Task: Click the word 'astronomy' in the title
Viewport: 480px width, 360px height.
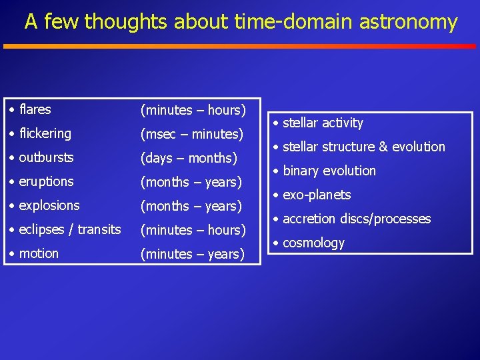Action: [408, 22]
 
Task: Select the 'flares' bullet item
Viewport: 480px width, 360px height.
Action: [35, 109]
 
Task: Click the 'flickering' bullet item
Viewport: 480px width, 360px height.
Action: [45, 133]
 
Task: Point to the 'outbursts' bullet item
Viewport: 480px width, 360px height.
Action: [46, 158]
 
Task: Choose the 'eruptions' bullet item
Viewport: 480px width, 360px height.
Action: [46, 181]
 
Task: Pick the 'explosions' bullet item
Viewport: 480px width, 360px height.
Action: [49, 205]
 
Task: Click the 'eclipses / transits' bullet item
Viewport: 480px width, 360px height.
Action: [70, 229]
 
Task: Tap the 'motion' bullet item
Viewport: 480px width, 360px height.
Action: [39, 253]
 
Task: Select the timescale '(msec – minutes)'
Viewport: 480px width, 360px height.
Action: [191, 134]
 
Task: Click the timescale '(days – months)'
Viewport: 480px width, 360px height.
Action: [189, 158]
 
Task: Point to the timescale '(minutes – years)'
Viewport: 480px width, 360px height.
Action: [192, 254]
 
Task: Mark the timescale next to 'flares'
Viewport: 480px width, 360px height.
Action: [193, 110]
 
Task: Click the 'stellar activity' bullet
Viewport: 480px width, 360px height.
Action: [323, 123]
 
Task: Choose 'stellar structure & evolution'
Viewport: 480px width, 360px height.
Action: [363, 147]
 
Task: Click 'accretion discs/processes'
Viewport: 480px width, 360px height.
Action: [357, 219]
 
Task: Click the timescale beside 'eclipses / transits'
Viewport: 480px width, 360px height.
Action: [193, 230]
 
